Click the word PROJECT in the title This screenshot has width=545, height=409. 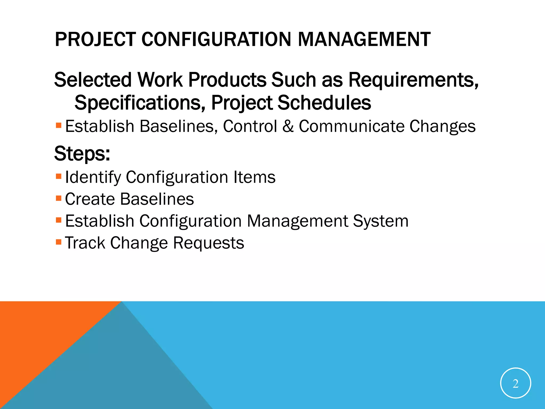pyautogui.click(x=95, y=39)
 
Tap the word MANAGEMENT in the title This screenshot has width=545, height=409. pyautogui.click(x=364, y=39)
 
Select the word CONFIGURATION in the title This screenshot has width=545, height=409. pyautogui.click(x=216, y=39)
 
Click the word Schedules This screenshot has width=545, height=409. pyautogui.click(x=324, y=103)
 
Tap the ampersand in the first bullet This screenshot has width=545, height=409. pyautogui.click(x=288, y=126)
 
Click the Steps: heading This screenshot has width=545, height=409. pyautogui.click(x=82, y=154)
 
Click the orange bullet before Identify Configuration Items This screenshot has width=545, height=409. pyautogui.click(x=59, y=176)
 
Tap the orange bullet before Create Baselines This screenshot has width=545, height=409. pyautogui.click(x=59, y=198)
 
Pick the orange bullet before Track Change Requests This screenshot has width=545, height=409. pyautogui.click(x=59, y=242)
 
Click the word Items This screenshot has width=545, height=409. pyautogui.click(x=254, y=177)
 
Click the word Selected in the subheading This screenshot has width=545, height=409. pyautogui.click(x=93, y=80)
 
